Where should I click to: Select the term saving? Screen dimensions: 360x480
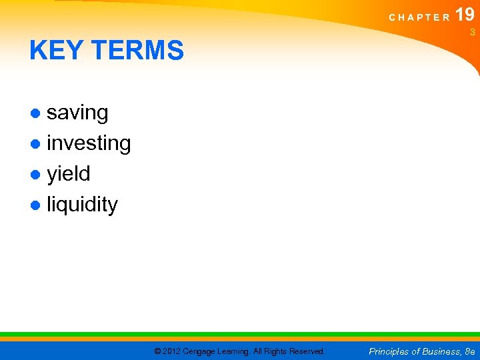[77, 113]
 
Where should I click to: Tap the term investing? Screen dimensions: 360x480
[89, 144]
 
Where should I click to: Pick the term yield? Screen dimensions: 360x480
[68, 174]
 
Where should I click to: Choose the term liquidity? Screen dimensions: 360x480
[82, 205]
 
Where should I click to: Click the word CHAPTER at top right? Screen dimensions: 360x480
[419, 17]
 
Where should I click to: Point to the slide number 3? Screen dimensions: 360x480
[472, 33]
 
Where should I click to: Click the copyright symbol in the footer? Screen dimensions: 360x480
[157, 351]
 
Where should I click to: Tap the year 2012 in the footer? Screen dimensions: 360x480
[171, 351]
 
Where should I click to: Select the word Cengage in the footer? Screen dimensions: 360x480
[201, 351]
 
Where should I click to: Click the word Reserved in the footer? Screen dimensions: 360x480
[307, 351]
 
